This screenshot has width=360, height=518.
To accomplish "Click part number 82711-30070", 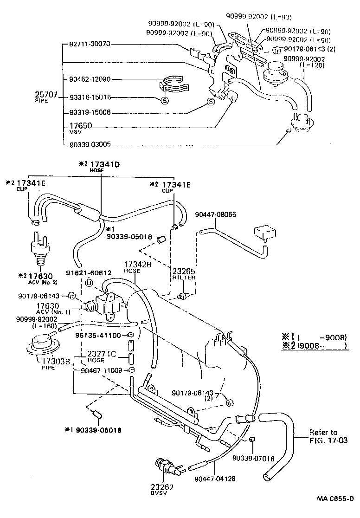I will tap(90, 45).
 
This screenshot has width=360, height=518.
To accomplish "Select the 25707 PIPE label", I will tap(47, 97).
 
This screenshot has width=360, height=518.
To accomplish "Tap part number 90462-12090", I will tap(90, 79).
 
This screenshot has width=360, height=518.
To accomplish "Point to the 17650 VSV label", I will tap(80, 128).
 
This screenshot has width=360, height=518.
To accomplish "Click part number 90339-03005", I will tap(90, 144).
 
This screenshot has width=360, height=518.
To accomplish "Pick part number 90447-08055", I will tap(216, 214).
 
